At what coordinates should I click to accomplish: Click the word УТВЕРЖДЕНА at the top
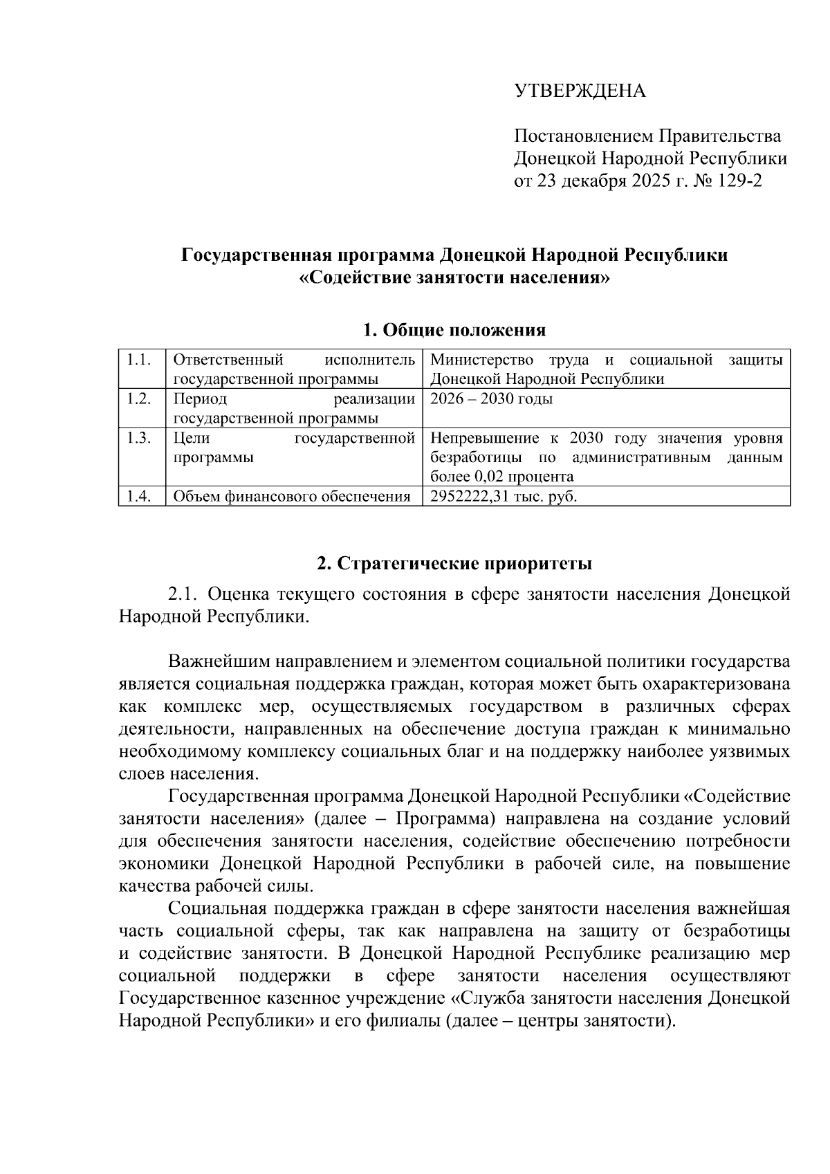coord(579,91)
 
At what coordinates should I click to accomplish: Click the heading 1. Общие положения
coord(454,330)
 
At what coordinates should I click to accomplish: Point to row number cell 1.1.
coord(140,360)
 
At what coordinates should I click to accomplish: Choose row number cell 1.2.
coord(140,399)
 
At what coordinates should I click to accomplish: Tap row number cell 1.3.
coord(140,439)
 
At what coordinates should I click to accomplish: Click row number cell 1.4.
coord(140,497)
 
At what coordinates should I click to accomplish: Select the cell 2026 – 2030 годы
coord(491,399)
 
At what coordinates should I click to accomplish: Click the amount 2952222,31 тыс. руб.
coord(503,497)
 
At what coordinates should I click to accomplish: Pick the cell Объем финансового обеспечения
coord(291,497)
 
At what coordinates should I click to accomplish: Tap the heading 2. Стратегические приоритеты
coord(454,563)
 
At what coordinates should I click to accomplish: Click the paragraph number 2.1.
coord(183,594)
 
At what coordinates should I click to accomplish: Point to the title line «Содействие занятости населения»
coord(454,278)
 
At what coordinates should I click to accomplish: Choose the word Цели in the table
coord(192,439)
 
